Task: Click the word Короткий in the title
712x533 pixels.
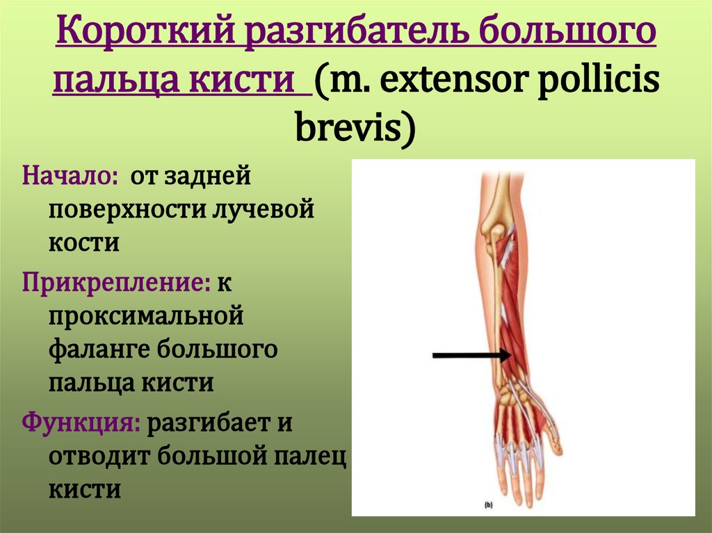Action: (x=145, y=31)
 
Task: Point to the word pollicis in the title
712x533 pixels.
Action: (x=599, y=81)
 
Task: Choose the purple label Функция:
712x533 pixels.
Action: (x=81, y=423)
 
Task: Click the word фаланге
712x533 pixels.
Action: (x=99, y=350)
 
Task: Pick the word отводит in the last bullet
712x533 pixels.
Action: (x=99, y=456)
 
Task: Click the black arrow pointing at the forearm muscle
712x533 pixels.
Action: (x=472, y=355)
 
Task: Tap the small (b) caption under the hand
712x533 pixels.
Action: (x=489, y=505)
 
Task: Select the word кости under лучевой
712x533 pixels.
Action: (x=84, y=243)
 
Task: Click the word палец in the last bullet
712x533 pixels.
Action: (x=309, y=457)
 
